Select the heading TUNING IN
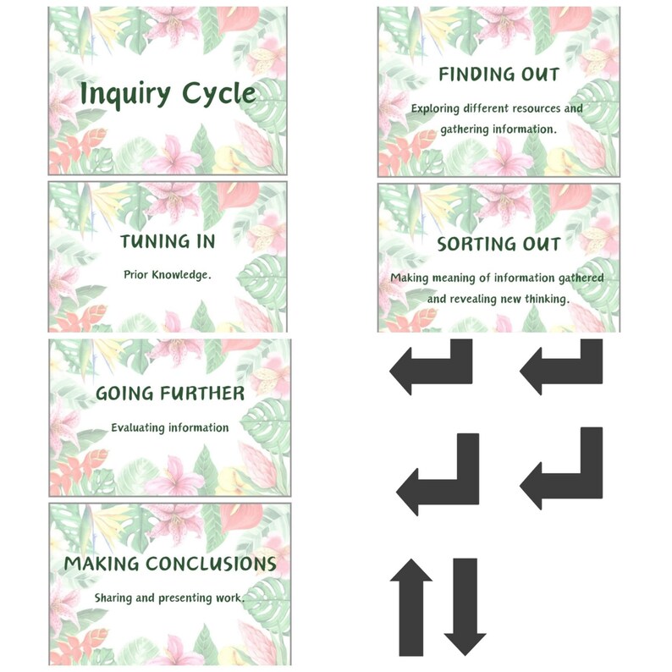[168, 241]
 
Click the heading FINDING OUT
[498, 74]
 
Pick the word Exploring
[437, 108]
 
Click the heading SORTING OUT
[498, 245]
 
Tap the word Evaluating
[139, 427]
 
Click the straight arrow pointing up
[410, 606]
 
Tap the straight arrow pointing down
[465, 606]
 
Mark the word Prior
[137, 275]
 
